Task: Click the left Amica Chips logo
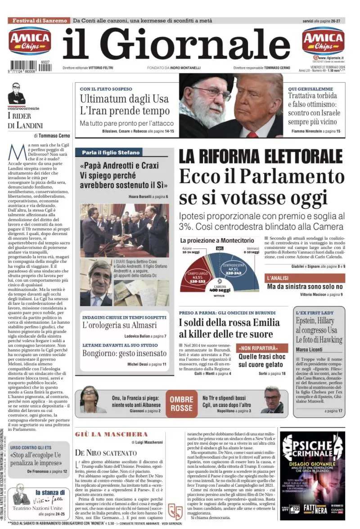click(30, 41)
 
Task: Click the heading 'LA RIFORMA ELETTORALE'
click(261, 156)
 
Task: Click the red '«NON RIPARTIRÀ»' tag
click(262, 348)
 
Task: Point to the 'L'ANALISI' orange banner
click(277, 278)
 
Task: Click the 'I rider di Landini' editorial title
click(25, 121)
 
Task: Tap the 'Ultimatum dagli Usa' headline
click(124, 99)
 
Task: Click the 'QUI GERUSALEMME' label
click(310, 89)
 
